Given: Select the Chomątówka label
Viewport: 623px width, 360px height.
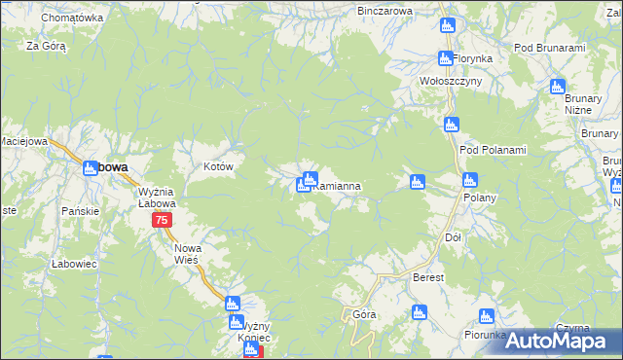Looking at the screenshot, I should coord(73,18).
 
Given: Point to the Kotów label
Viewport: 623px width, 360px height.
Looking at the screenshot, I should coord(219,167).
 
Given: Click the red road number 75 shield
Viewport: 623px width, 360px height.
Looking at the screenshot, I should coord(163,221).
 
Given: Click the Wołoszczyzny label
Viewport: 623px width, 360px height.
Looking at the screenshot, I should coord(451,81).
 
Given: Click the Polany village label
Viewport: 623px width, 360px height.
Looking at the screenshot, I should coord(480,198).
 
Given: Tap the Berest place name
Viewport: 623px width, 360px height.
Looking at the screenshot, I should coord(428,277).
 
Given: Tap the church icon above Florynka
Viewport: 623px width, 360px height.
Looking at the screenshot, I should coord(447,25).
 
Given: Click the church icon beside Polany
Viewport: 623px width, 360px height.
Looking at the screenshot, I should coord(470,179).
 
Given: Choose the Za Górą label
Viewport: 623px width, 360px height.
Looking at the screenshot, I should coord(46,46).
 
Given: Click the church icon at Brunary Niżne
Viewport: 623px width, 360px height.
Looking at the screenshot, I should coord(558,87).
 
